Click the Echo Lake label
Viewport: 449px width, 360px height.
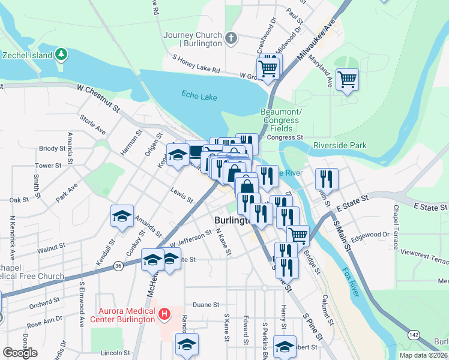198,94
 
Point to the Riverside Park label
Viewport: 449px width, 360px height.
340,146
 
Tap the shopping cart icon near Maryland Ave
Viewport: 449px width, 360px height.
347,79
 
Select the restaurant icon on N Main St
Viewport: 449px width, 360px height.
327,178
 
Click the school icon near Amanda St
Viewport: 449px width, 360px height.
122,216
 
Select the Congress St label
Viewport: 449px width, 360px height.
285,137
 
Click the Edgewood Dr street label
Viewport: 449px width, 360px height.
373,235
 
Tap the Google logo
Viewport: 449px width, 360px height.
20,353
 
